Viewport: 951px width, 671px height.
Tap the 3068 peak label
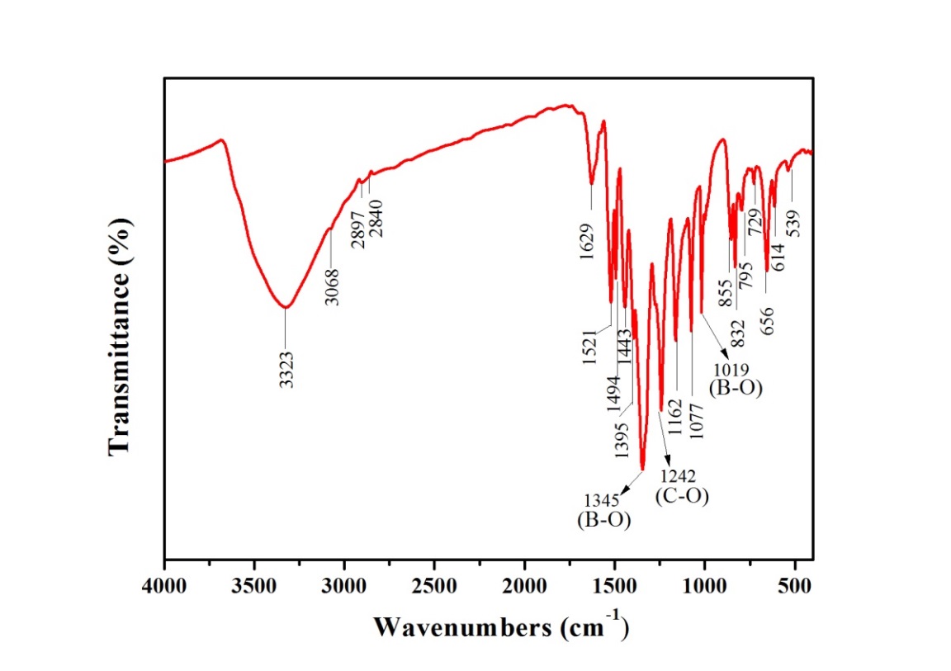(332, 286)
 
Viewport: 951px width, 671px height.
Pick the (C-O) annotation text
(682, 496)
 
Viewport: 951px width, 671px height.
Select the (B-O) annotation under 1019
(735, 385)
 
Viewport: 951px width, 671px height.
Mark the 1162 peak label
(675, 418)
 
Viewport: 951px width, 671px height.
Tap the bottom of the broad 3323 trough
(286, 307)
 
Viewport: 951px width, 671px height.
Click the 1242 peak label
(678, 476)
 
